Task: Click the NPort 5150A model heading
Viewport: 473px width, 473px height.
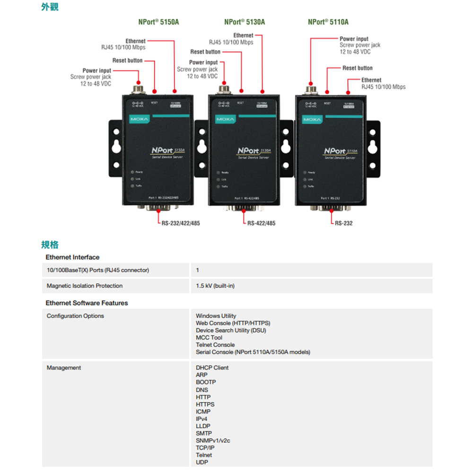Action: (158, 22)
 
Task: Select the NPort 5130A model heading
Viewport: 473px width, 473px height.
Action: (245, 22)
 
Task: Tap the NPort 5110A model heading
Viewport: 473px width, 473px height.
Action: (328, 22)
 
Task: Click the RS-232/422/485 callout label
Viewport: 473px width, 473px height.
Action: (180, 223)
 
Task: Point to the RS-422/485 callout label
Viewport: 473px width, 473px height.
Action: (261, 223)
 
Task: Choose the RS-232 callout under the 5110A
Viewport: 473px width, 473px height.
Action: (343, 223)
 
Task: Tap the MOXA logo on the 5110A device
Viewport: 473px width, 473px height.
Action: (312, 119)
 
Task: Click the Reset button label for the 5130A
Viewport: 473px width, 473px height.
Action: (205, 52)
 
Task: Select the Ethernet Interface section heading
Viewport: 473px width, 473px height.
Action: (72, 257)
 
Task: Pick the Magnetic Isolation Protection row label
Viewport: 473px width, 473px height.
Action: (84, 286)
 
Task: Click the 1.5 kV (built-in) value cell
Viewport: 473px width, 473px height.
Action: (215, 286)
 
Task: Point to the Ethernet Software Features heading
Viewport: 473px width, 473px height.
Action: (87, 303)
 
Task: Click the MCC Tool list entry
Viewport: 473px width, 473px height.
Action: (209, 337)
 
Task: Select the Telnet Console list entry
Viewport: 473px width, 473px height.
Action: (215, 345)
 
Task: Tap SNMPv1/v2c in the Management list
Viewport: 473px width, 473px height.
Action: (213, 440)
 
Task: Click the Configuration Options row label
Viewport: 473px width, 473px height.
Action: (75, 316)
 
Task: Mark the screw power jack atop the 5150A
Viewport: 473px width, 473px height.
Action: (138, 88)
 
